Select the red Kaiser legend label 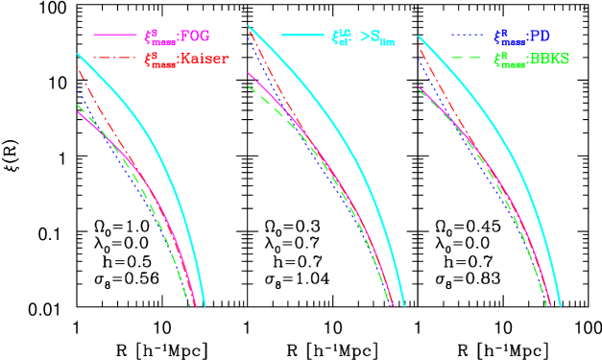186,59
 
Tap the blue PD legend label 521,36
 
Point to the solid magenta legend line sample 114,36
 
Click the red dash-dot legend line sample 114,59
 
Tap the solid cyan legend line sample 302,36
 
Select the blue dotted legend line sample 468,36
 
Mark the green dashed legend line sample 468,59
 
